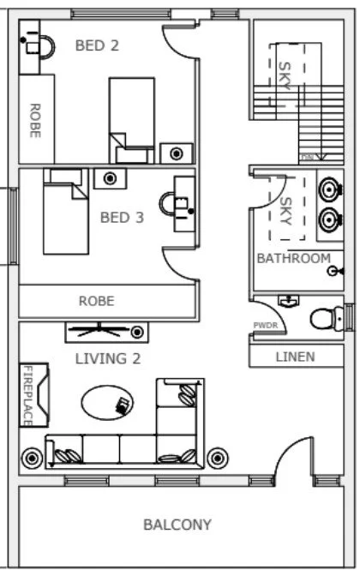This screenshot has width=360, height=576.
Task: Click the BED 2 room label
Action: point(97,45)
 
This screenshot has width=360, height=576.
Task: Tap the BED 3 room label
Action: point(122,218)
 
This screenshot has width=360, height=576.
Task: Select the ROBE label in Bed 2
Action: point(35,121)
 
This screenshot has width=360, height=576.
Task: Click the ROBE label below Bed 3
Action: point(96,301)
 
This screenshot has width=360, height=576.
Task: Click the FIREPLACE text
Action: point(28,395)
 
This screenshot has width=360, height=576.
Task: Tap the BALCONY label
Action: point(177,525)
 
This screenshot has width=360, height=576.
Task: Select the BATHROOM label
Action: point(293,258)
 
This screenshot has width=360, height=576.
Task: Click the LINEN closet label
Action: point(295,357)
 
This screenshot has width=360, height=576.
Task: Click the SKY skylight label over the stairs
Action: point(285,75)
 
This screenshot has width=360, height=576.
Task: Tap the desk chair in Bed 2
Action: point(43,45)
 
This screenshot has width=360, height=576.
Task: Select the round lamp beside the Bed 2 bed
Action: point(176,153)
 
